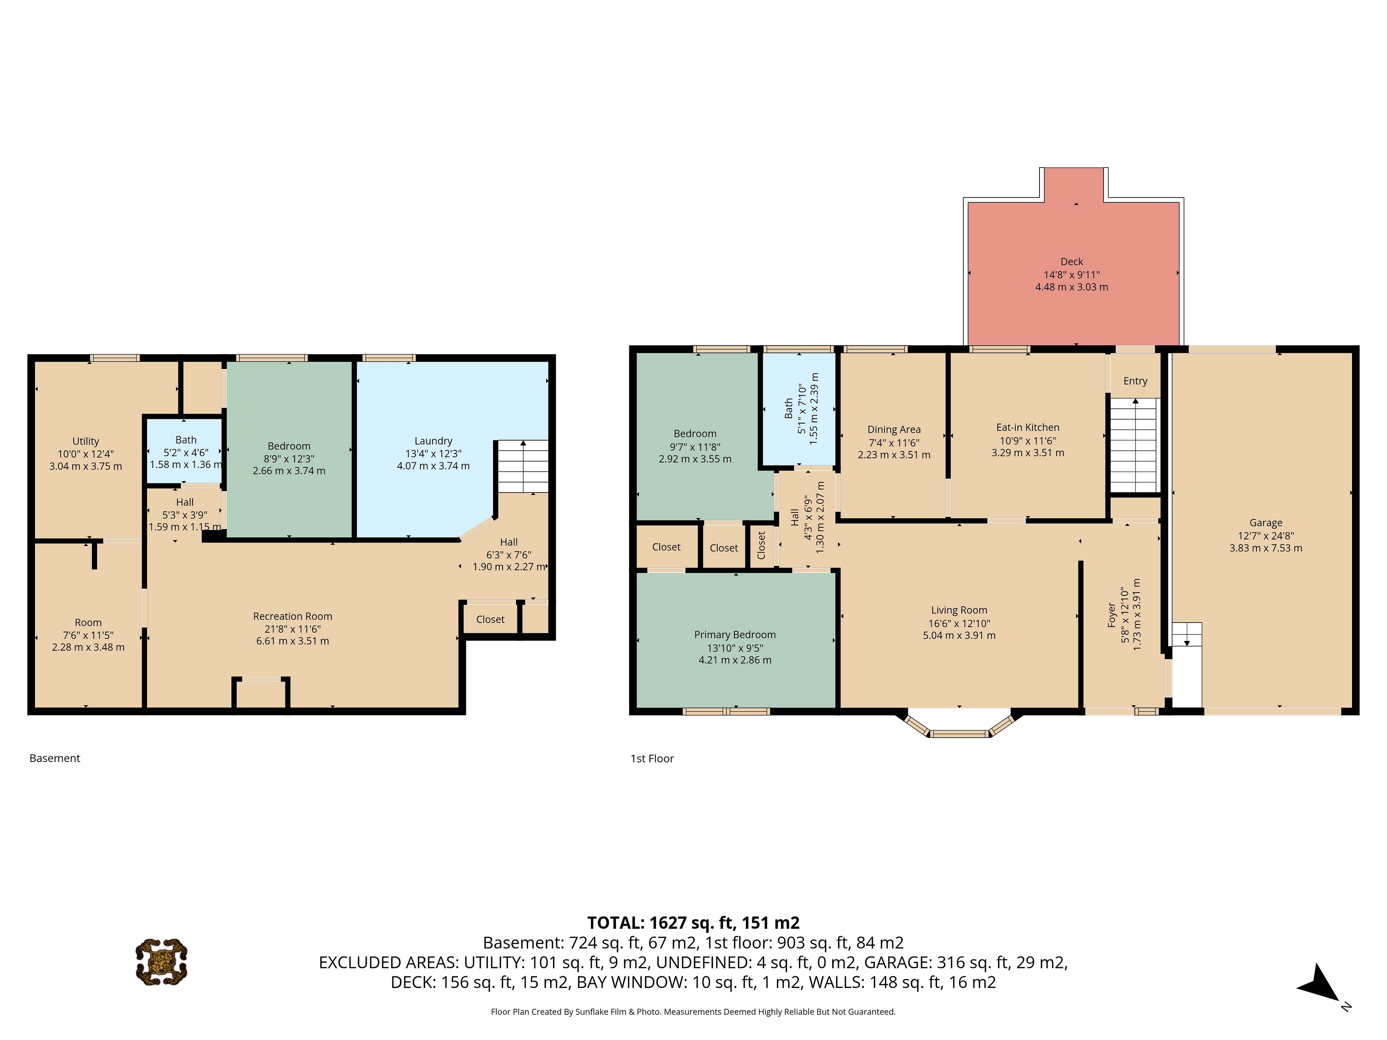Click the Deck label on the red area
[1072, 261]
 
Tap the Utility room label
[86, 441]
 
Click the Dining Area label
[894, 429]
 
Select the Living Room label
[959, 610]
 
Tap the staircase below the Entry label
[1134, 445]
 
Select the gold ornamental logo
[162, 962]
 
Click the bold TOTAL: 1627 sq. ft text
[693, 923]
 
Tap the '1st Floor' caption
[652, 759]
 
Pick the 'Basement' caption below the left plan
[55, 758]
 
